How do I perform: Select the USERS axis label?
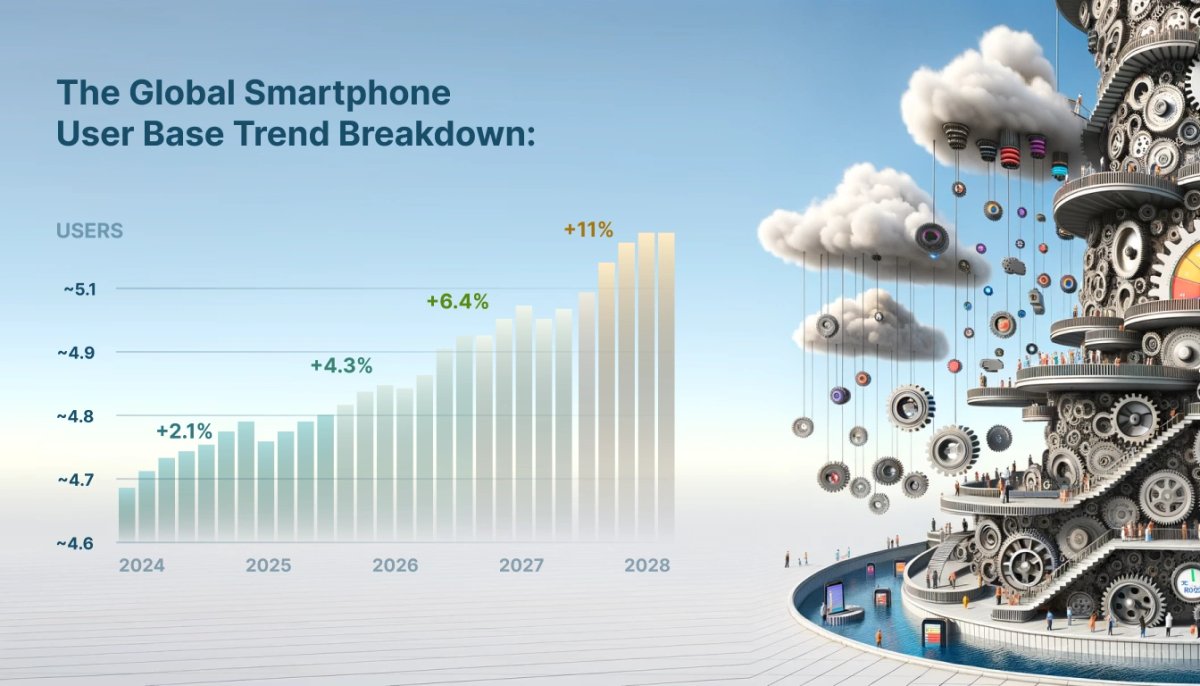point(89,231)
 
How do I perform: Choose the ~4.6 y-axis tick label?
point(77,543)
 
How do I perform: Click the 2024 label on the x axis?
point(141,565)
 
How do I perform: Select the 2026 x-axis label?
point(395,565)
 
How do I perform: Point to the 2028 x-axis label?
point(647,565)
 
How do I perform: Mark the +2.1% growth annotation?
point(184,432)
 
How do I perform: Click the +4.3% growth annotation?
point(341,366)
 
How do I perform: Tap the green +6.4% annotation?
point(457,301)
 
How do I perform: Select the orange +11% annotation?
point(588,230)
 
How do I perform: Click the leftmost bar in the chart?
point(127,512)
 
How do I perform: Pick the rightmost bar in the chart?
point(666,385)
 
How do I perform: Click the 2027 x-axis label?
point(521,565)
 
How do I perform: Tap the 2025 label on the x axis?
point(268,565)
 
